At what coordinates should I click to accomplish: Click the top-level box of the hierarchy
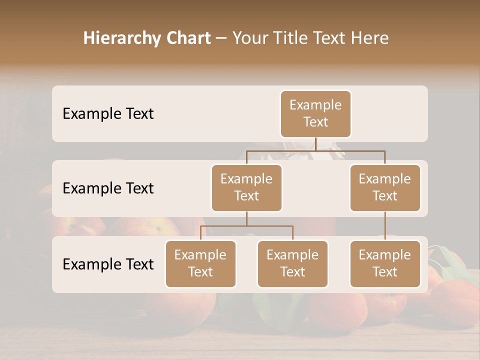click(315, 113)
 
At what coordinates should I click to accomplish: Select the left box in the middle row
click(246, 187)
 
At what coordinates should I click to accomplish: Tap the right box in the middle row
click(385, 187)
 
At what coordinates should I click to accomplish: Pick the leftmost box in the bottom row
click(200, 263)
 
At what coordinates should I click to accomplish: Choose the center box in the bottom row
click(292, 263)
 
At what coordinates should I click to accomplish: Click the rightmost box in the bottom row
click(385, 263)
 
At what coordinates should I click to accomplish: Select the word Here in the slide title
click(370, 38)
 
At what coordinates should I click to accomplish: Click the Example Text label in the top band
click(108, 114)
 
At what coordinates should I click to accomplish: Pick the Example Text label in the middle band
click(108, 188)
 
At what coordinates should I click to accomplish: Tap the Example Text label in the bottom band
click(108, 264)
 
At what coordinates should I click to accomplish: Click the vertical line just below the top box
click(315, 144)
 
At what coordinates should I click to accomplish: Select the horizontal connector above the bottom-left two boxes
click(246, 226)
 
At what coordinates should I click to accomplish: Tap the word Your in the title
click(249, 38)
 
